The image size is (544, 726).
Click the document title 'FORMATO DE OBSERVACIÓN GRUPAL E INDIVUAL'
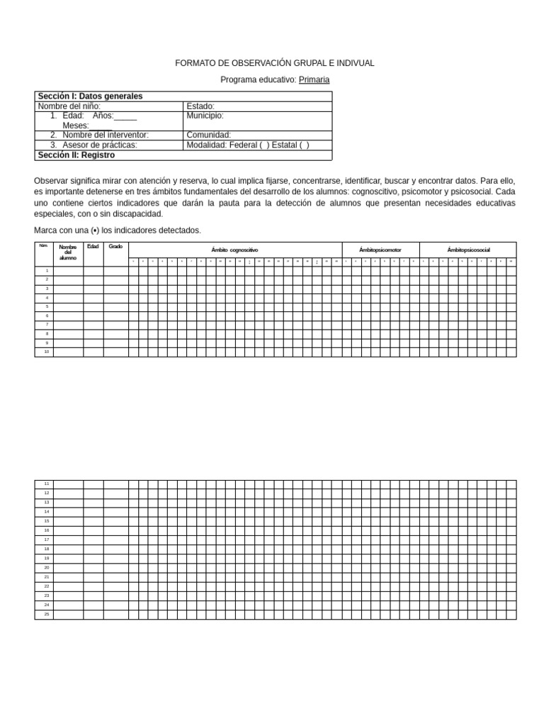[x=275, y=63]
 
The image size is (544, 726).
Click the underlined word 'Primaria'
[x=314, y=79]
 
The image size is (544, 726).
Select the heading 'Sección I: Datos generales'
[x=90, y=96]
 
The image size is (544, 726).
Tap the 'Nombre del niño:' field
[x=69, y=106]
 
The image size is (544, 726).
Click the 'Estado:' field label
[x=200, y=106]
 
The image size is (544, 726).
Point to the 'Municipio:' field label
[x=205, y=116]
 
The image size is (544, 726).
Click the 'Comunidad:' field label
[x=208, y=135]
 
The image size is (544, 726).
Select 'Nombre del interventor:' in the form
[x=106, y=135]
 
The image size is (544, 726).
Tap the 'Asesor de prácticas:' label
[x=100, y=145]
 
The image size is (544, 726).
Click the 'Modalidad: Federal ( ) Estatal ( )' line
[x=247, y=145]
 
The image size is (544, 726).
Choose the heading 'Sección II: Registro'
[x=76, y=155]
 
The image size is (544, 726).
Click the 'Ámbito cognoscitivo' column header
[x=234, y=250]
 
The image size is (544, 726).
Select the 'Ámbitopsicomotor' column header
[x=380, y=250]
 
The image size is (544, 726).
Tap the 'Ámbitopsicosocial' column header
[x=467, y=250]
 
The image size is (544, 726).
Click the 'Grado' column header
[x=115, y=247]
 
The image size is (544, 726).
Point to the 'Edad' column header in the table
[x=93, y=247]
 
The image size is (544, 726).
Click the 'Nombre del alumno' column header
[x=68, y=252]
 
